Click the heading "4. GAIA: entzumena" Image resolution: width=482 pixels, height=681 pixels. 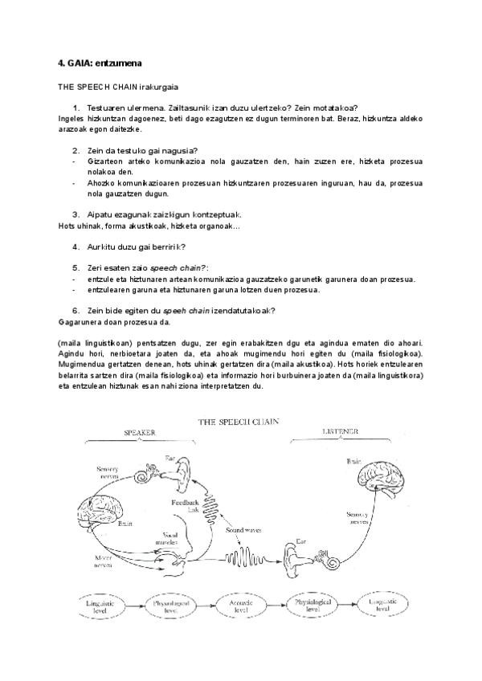click(94, 63)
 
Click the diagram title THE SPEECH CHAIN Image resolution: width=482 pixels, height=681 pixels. click(240, 420)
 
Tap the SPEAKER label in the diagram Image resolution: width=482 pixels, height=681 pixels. click(138, 432)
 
